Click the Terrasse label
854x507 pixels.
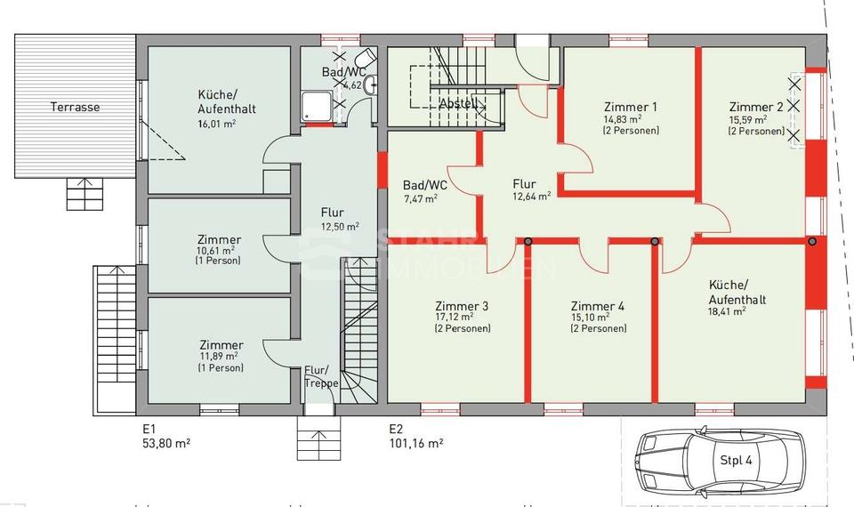pyautogui.click(x=74, y=107)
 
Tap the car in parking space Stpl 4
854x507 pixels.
pyautogui.click(x=716, y=460)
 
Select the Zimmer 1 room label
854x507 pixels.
pyautogui.click(x=631, y=105)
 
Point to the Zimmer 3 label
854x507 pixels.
pyautogui.click(x=462, y=305)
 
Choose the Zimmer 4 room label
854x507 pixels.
pyautogui.click(x=597, y=305)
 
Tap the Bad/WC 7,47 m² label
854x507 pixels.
pyautogui.click(x=425, y=191)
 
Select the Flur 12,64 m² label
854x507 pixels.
pyautogui.click(x=530, y=190)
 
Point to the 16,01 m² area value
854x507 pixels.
pyautogui.click(x=217, y=125)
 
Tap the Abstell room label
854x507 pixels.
pyautogui.click(x=459, y=103)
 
